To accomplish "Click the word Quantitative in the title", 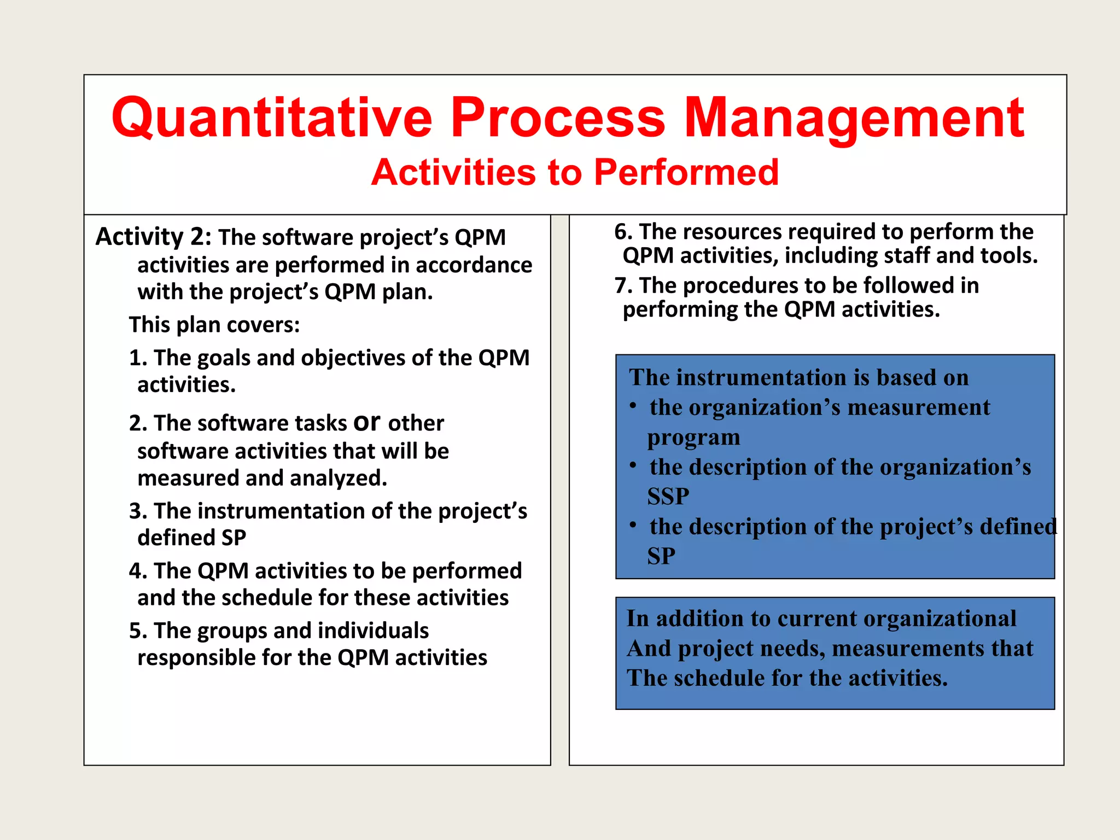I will pos(272,118).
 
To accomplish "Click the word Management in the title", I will pos(854,118).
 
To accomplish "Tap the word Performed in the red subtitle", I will pos(686,173).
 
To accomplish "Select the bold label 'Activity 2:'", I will pos(153,237).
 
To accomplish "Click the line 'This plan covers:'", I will pos(214,325).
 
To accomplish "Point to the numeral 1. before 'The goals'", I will pos(138,358).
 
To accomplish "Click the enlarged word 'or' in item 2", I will pos(367,421).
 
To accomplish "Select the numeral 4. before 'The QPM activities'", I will pos(138,571).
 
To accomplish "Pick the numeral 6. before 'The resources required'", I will pos(623,232).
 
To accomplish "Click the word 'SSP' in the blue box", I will pos(668,497).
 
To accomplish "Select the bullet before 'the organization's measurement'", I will pos(633,406).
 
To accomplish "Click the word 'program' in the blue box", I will pos(693,437).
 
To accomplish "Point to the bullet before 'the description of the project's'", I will pos(633,526).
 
